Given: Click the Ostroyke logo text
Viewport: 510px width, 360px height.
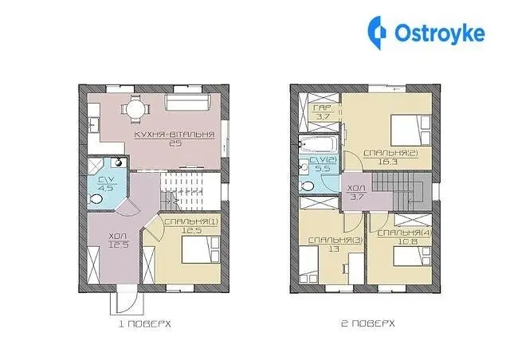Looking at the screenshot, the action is pos(440,33).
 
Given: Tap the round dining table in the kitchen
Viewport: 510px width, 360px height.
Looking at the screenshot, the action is pos(135,108).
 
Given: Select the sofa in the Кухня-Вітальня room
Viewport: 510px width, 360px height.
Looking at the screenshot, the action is pos(188,101).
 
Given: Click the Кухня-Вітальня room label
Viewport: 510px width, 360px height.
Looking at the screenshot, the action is pos(175,135).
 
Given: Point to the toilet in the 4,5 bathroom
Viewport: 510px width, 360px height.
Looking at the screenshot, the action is pos(95,198).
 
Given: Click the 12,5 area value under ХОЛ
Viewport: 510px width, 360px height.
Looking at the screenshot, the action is pos(119,245).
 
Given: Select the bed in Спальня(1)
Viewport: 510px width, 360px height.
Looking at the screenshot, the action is pos(200,249).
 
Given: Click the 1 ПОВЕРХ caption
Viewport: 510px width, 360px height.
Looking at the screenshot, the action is pos(145,324).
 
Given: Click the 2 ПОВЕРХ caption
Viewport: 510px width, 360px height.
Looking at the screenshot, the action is pos(368,323).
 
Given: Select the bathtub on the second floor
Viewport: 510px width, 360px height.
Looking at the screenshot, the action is pos(319,143).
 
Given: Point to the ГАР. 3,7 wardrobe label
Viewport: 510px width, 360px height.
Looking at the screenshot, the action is pos(323,112).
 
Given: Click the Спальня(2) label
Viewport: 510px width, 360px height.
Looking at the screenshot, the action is pos(390,153).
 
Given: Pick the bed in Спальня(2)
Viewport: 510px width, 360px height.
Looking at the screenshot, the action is pos(411,130).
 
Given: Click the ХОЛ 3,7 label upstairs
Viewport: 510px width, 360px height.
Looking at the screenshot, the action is pos(357,193).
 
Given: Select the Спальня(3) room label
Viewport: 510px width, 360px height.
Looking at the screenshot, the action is pos(335,241).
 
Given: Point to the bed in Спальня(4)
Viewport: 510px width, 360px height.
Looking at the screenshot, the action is pos(412,256).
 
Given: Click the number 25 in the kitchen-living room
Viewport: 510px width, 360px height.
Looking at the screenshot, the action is pos(175,143).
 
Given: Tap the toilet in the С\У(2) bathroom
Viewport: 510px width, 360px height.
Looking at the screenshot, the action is pos(307,186).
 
